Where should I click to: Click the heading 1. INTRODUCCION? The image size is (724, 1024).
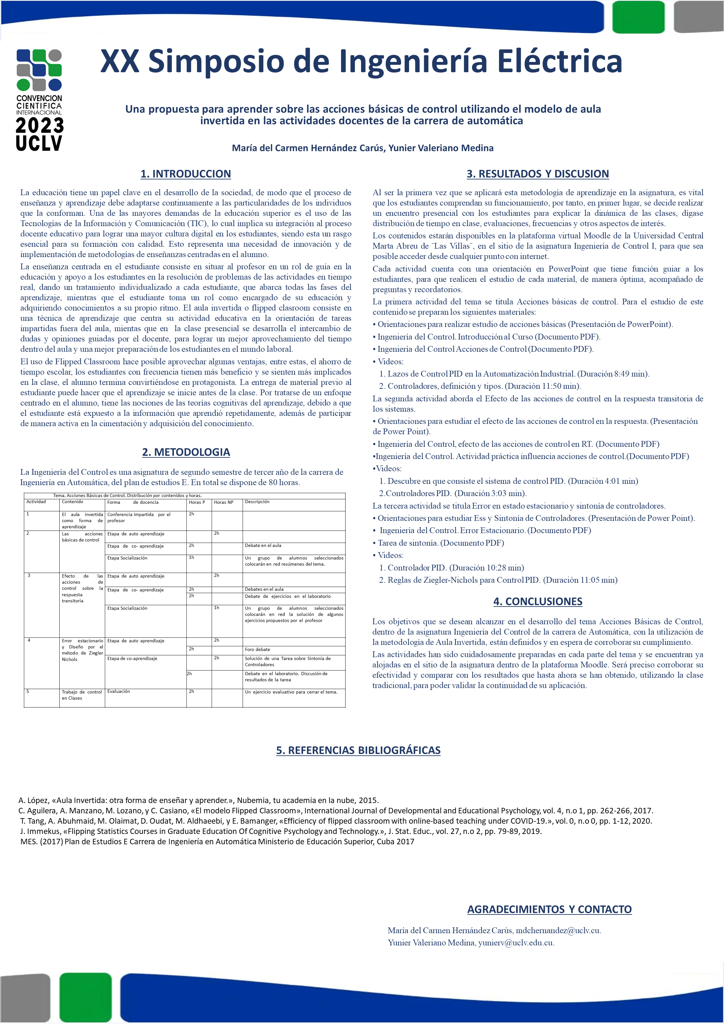coord(186,174)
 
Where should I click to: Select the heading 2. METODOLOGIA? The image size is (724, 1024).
coord(186,452)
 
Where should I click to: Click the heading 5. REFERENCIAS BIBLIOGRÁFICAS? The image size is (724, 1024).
coord(358,750)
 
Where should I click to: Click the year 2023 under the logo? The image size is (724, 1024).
coord(39,126)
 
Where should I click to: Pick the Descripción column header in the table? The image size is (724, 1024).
coord(257,502)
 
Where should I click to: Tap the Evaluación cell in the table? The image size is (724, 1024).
coord(119,691)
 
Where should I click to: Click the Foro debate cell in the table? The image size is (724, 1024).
coord(257,649)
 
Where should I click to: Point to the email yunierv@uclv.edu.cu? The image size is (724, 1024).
coord(516,943)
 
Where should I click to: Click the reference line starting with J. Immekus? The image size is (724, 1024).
coord(281,831)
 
